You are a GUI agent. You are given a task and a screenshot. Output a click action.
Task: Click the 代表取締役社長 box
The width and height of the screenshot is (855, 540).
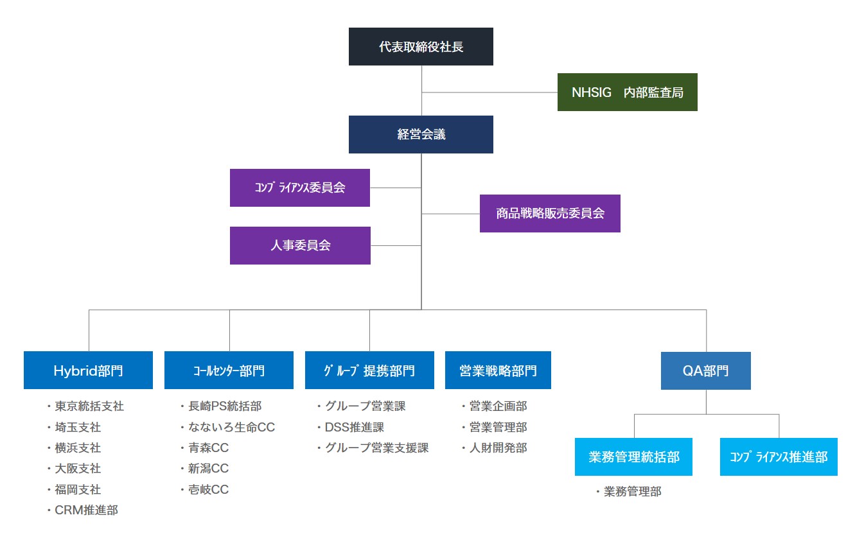[x=421, y=46]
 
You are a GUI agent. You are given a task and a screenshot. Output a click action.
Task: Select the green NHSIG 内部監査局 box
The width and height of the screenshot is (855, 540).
[x=627, y=92]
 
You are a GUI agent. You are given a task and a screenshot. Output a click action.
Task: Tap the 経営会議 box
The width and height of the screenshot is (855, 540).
[x=421, y=134]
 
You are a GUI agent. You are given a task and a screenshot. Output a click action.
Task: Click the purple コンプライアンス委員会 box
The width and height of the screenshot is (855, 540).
[x=299, y=187]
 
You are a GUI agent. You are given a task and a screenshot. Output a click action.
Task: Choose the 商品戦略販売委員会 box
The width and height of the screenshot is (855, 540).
[x=550, y=213]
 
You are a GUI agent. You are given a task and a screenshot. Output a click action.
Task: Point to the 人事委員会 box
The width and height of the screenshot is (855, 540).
[x=300, y=245]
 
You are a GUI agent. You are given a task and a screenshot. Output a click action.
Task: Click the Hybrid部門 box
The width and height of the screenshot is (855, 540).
[x=88, y=370]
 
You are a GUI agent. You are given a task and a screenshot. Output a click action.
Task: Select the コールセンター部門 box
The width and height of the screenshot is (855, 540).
[x=229, y=370]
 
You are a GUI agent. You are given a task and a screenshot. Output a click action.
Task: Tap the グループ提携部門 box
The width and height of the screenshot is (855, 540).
[x=369, y=370]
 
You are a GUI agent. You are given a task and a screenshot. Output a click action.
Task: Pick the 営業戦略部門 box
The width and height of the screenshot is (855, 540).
[x=498, y=370]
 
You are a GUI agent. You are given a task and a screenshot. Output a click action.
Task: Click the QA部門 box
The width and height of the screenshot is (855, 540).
[x=705, y=370]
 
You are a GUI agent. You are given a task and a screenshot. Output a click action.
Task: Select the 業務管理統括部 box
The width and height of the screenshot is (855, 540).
[x=633, y=457]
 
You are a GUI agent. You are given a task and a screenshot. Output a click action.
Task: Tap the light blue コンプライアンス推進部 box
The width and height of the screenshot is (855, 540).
[x=778, y=457]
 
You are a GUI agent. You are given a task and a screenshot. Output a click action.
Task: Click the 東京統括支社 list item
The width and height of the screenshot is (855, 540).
[x=89, y=406]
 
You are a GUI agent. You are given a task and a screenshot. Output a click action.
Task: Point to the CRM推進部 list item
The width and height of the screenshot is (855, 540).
[x=86, y=510]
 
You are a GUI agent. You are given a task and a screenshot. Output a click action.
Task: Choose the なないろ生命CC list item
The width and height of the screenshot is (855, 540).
[x=231, y=427]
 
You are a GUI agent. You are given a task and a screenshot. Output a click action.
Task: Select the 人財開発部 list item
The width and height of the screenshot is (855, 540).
[x=498, y=448]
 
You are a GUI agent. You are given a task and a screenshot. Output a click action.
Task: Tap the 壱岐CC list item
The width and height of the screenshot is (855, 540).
[x=208, y=490]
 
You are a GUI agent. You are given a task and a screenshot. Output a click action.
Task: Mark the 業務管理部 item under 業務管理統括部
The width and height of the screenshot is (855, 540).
[x=632, y=492]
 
